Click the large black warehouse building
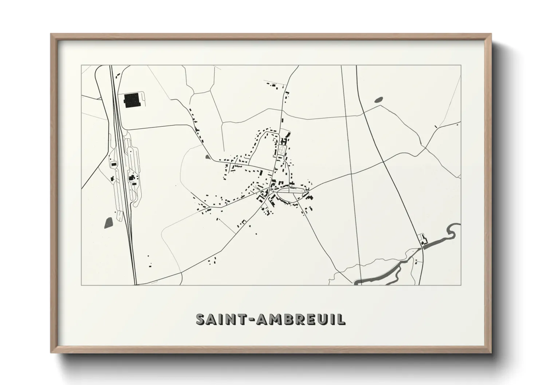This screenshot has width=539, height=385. (x=132, y=100)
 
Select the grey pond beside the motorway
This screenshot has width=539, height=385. (x=109, y=222)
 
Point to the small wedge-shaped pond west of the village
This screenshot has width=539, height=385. (x=208, y=157)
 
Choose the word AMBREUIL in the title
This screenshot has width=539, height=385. (x=300, y=319)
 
